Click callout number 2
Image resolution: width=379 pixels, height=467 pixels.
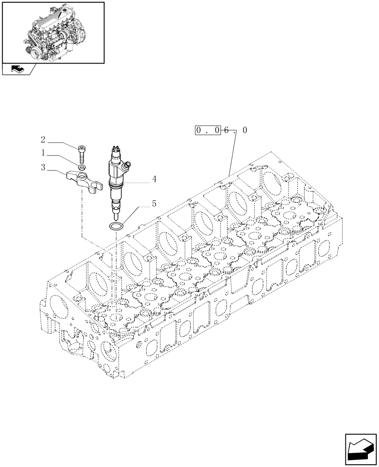click(42, 139)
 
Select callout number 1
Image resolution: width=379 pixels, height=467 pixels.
click(42, 153)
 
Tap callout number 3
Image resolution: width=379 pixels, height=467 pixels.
click(42, 167)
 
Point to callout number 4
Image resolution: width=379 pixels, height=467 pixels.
click(154, 179)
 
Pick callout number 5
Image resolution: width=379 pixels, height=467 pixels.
click(154, 204)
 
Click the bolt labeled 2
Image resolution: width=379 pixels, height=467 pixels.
click(82, 152)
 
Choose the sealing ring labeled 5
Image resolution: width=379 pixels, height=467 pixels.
click(116, 227)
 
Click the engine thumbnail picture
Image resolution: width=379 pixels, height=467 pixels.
click(53, 32)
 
